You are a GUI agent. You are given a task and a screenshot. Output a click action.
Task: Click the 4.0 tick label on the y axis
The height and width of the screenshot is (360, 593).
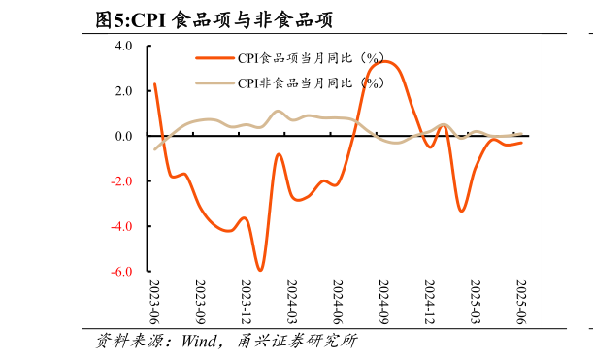124,46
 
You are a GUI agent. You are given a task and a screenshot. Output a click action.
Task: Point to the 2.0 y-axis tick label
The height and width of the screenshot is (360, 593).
124,91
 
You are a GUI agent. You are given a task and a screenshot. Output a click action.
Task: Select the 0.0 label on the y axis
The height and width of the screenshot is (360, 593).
124,137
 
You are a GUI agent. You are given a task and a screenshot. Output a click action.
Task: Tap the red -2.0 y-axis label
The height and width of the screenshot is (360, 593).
121,181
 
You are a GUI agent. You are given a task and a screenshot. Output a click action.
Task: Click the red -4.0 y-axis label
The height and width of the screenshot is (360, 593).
121,227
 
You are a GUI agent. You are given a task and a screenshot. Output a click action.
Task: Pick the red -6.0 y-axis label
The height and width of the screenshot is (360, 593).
121,273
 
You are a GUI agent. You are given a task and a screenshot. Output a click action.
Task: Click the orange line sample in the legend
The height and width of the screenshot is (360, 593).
215,58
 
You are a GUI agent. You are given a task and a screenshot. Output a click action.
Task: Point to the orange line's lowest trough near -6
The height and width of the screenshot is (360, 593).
260,270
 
